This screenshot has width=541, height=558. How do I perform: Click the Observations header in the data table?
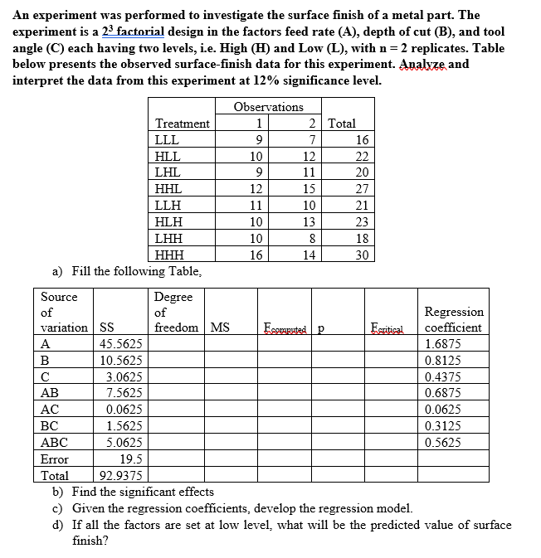pyautogui.click(x=268, y=107)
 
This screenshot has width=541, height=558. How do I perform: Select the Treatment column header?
pyautogui.click(x=182, y=124)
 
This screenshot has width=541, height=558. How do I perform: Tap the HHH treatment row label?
pyautogui.click(x=170, y=255)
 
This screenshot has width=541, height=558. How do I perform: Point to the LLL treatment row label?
pyautogui.click(x=168, y=140)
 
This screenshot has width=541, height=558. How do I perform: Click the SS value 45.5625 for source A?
pyautogui.click(x=120, y=344)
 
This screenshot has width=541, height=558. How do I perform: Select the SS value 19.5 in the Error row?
pyautogui.click(x=130, y=459)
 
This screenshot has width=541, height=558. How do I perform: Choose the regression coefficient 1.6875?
pyautogui.click(x=443, y=344)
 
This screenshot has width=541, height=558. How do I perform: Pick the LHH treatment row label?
pyautogui.click(x=169, y=239)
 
